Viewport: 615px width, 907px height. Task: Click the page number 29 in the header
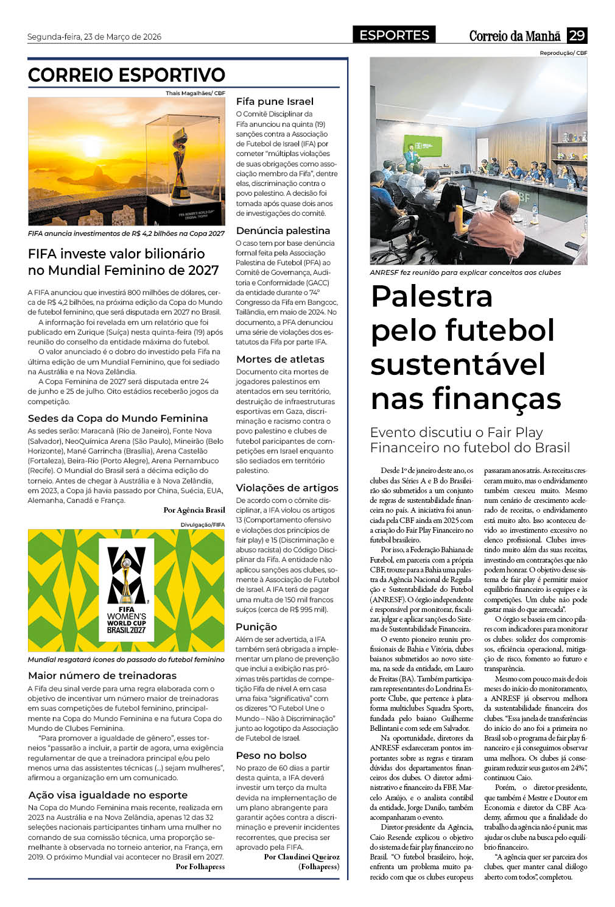tap(577, 35)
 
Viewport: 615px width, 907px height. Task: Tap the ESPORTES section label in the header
tap(394, 35)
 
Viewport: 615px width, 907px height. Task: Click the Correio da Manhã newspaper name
tap(515, 36)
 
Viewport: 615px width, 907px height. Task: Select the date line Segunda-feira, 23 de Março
tap(94, 37)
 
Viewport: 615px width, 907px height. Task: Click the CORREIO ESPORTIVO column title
tap(127, 75)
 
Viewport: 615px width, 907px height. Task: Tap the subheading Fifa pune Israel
tap(275, 101)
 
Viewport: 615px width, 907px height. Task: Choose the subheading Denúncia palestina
tap(283, 230)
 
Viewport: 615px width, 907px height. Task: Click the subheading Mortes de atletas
tap(280, 359)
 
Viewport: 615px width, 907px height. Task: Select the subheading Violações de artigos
tap(287, 488)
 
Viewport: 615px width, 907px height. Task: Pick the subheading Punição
tap(256, 627)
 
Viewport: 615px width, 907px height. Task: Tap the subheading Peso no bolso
tap(271, 755)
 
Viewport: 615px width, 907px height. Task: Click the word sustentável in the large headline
tap(457, 365)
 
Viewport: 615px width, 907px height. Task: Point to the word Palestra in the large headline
tap(431, 296)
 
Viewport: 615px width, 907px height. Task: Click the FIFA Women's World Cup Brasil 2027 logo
tap(127, 591)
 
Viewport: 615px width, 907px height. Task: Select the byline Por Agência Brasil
tap(194, 510)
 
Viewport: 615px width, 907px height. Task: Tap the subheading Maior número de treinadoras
tap(102, 675)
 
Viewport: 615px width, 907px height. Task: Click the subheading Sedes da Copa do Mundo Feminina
tap(118, 418)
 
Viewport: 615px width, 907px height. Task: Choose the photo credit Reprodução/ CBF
tap(563, 53)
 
